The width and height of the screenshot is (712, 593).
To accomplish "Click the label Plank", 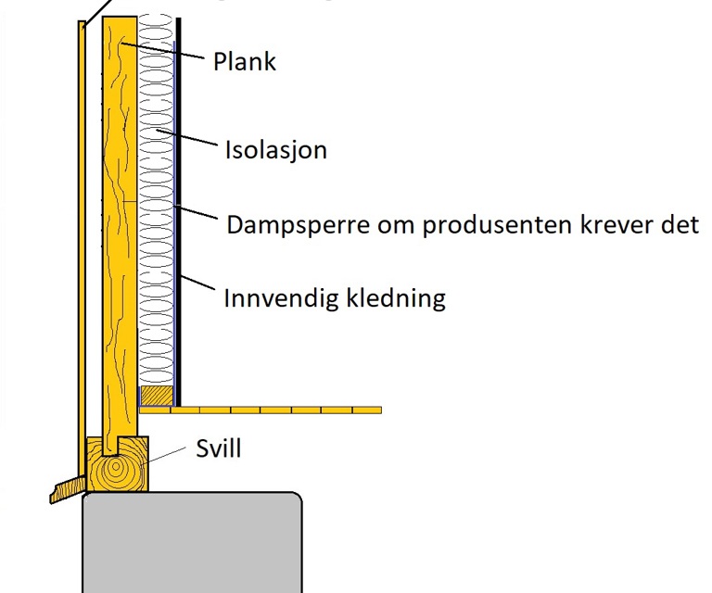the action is point(245,61).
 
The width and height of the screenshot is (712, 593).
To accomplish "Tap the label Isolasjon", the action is point(276,150).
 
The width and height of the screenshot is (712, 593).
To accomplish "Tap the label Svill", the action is point(219,448).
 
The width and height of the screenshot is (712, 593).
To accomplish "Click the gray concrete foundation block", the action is point(192,542).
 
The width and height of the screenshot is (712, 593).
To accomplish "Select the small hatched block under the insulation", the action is point(157,396).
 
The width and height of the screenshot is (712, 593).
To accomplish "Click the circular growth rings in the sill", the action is point(116,467).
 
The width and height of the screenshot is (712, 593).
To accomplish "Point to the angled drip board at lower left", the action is point(68,489).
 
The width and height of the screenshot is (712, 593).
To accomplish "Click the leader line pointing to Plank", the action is point(162,50).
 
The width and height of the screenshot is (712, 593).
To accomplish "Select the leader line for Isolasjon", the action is point(186,137).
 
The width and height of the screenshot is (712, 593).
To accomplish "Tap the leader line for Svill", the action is point(163,455).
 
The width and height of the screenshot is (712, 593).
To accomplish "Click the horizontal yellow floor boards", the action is point(261,410).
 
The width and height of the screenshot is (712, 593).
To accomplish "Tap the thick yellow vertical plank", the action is point(120,236).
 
